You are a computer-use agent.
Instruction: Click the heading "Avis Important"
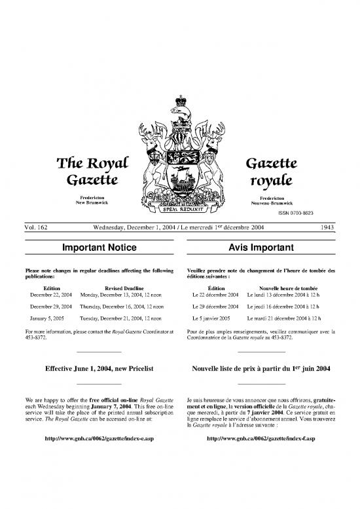click(x=261, y=248)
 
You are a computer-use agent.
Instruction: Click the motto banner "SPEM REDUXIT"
click(x=179, y=212)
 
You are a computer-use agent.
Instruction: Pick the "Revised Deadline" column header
click(x=124, y=288)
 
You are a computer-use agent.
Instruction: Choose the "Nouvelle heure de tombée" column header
click(x=289, y=288)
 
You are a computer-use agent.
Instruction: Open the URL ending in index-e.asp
click(x=99, y=437)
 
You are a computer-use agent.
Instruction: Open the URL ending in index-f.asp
click(x=261, y=437)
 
